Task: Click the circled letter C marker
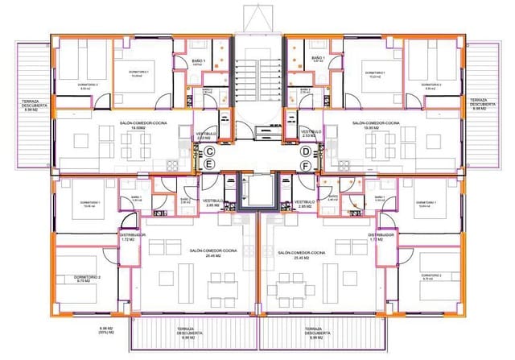(x=208, y=151)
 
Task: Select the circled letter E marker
(x=208, y=164)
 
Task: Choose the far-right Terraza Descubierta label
(x=485, y=105)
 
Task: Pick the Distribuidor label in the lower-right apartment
(x=382, y=235)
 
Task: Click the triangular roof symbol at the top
(x=257, y=18)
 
